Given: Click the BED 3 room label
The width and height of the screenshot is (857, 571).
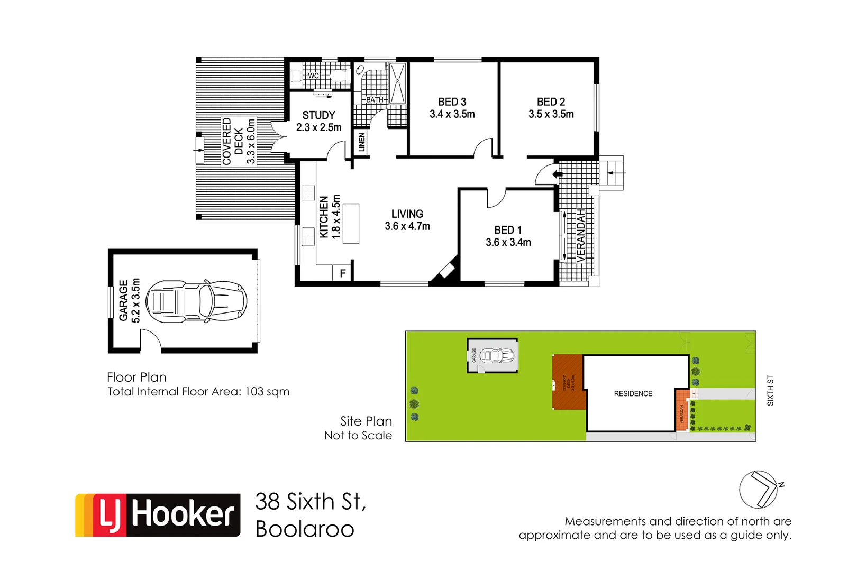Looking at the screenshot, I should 452,102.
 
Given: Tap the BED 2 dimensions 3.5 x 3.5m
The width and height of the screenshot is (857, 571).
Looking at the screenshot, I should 551,114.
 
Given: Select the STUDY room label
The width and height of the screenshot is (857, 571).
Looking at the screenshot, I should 318,115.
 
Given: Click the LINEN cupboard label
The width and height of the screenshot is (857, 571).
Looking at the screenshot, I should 362,142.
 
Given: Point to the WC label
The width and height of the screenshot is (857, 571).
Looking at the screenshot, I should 313,76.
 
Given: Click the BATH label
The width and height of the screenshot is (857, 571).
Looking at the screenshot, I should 375,99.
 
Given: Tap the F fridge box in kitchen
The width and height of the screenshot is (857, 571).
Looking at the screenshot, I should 342,273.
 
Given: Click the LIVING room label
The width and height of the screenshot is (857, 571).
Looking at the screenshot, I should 407,214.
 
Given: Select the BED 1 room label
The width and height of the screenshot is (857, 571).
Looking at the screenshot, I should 508,230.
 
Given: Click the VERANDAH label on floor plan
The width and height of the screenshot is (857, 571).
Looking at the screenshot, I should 581,236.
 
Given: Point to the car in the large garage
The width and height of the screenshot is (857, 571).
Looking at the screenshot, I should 196,301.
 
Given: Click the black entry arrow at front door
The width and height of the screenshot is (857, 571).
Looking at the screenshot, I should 557,174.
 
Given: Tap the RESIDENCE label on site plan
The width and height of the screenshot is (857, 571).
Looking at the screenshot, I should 633,393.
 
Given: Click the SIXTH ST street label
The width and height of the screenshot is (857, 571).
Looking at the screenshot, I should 770,391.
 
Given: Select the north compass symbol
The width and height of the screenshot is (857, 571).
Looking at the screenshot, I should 759,489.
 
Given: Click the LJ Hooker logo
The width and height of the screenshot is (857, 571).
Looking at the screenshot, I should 158,514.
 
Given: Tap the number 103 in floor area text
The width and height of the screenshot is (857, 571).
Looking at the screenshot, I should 254,391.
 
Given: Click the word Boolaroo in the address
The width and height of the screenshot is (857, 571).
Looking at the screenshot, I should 305,529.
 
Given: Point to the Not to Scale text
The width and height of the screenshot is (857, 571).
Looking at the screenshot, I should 358,435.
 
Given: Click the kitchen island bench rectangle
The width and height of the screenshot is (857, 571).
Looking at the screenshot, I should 351,223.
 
